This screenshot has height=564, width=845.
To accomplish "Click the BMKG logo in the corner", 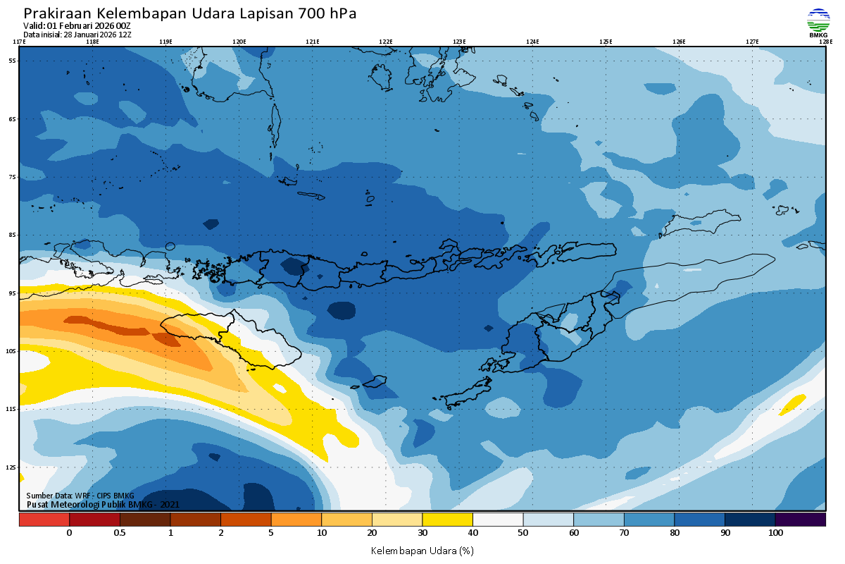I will coord(818,22).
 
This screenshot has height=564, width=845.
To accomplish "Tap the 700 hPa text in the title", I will coord(327,13).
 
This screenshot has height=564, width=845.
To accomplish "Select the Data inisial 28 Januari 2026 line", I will coord(77,35).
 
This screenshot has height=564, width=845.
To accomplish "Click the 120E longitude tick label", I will coord(239,42).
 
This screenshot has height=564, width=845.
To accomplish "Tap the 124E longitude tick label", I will coord(532,42).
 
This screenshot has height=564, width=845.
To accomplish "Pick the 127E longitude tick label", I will coord(752,42).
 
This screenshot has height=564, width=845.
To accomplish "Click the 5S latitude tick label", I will coord(12,61).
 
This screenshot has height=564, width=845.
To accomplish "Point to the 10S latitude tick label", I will coord(11,351).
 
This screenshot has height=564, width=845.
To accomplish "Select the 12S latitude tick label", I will coord(11,467).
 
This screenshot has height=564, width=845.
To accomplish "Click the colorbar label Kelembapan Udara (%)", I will coord(422,550).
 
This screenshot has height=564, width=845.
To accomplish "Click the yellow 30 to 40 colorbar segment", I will coord(447,520).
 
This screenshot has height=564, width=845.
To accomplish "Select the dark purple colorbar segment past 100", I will coord(800,520).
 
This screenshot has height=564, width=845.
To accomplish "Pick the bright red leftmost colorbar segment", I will coord(44,520).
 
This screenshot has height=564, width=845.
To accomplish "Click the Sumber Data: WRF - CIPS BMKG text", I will coord(80,496).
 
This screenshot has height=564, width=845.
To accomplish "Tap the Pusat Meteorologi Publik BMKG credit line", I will coord(103,505).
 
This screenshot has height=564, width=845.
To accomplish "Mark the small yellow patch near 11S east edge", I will coord(792,404).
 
